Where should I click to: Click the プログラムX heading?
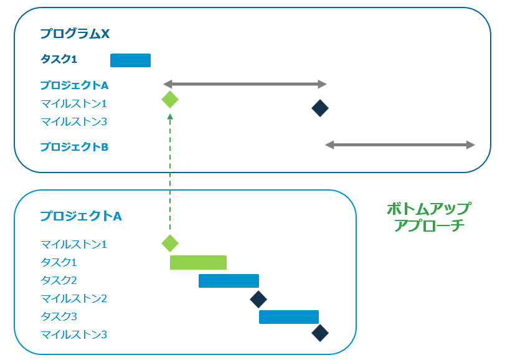(75, 34)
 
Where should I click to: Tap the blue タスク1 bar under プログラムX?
(130, 60)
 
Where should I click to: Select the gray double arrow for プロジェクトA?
(245, 83)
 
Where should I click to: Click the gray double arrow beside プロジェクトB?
(400, 145)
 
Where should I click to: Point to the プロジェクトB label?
(74, 147)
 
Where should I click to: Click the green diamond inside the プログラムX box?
(169, 100)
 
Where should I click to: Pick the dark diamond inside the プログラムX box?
(320, 108)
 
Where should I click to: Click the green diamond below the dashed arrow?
(169, 243)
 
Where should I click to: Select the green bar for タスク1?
(198, 262)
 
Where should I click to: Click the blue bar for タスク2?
(229, 281)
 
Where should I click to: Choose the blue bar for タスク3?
(289, 317)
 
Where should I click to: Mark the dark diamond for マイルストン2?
(258, 299)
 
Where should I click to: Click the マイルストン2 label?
(73, 298)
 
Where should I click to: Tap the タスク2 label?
(59, 280)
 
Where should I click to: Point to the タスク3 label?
(59, 316)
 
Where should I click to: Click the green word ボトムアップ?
(428, 208)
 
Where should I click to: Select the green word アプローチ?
(429, 225)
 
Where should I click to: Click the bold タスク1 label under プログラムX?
(59, 60)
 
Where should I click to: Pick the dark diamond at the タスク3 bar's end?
(320, 333)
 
